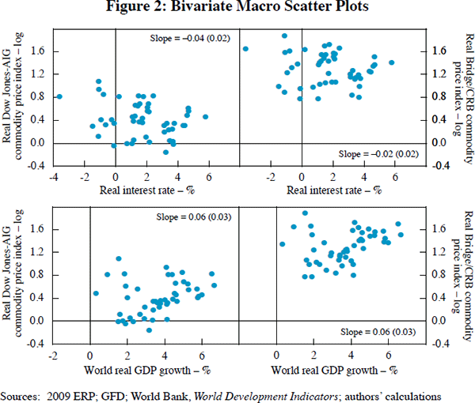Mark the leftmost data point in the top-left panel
[59, 97]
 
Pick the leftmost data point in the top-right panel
[245, 49]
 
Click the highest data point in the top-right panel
[284, 36]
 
